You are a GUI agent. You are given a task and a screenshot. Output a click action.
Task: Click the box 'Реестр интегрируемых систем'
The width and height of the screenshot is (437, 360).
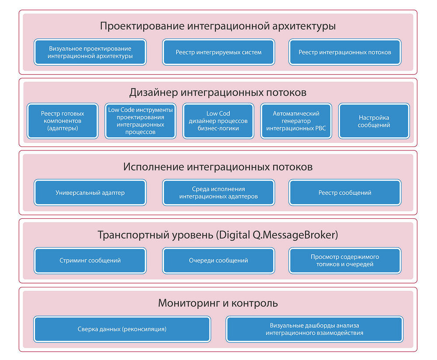tap(218, 52)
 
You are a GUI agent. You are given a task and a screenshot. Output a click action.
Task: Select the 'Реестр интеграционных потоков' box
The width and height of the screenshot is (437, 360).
tap(345, 52)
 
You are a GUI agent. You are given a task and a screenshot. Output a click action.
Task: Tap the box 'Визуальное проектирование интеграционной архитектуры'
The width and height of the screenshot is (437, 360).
tap(90, 52)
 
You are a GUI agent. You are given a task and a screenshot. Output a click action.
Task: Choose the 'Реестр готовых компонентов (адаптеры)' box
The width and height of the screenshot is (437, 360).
tap(62, 121)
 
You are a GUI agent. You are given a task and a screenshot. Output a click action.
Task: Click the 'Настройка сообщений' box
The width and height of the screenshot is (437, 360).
tap(374, 121)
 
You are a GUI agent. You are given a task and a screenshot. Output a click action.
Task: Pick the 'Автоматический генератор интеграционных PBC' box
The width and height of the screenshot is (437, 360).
tap(296, 121)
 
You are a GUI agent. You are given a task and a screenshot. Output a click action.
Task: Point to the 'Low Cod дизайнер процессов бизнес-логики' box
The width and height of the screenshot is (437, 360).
tap(218, 121)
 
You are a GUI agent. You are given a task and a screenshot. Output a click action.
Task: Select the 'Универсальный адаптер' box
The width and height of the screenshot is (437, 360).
tap(90, 192)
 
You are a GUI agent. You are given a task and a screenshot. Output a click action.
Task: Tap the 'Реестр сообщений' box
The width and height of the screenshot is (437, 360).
tap(345, 192)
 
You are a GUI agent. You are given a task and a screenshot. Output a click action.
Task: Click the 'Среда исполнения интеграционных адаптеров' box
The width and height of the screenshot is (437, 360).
tap(218, 192)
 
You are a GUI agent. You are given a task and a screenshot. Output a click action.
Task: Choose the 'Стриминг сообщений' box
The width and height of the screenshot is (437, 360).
tap(90, 260)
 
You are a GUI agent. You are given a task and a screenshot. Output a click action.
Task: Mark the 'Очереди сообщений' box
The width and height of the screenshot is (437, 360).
tap(218, 260)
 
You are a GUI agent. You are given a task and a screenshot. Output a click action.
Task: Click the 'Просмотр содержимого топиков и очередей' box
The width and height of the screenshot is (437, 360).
tap(345, 260)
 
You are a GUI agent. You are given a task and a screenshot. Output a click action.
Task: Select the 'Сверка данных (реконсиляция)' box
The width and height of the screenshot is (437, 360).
tap(122, 329)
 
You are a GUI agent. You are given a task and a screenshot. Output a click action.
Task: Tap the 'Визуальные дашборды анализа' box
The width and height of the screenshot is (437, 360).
tap(314, 329)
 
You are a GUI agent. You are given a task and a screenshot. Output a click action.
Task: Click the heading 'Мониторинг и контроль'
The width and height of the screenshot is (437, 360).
tap(218, 303)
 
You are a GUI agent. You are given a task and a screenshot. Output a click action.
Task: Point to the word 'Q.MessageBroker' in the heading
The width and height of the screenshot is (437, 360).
tap(295, 235)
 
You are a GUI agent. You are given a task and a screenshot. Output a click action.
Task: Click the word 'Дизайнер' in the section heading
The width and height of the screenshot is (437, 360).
tap(153, 93)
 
